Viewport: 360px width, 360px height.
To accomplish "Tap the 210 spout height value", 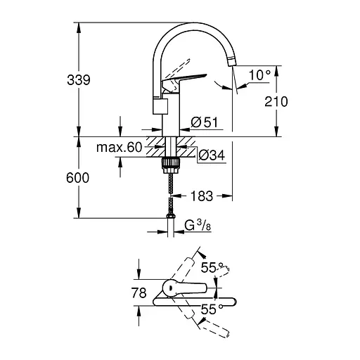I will tap(276, 102).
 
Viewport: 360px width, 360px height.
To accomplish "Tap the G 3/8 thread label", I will tap(196, 226).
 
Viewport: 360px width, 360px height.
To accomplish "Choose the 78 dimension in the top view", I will tap(138, 292).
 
